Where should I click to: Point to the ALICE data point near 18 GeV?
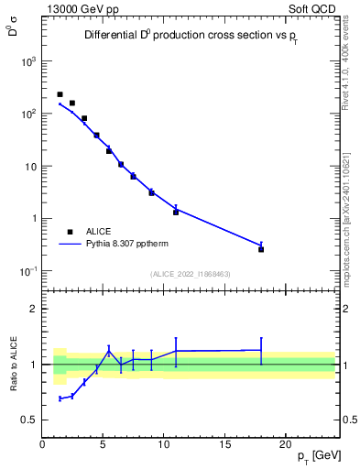(x=261, y=249)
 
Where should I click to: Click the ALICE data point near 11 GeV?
(x=176, y=212)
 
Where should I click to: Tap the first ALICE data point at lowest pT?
(x=60, y=94)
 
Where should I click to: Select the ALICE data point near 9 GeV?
(x=151, y=192)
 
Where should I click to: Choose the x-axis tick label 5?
(x=104, y=444)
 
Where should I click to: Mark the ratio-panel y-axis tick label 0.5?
(x=29, y=420)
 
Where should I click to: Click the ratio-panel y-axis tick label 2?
(x=33, y=309)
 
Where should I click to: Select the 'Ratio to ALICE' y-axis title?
(x=14, y=365)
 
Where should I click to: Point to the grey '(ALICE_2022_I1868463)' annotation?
(x=191, y=273)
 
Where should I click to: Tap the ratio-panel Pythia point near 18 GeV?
(x=261, y=350)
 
